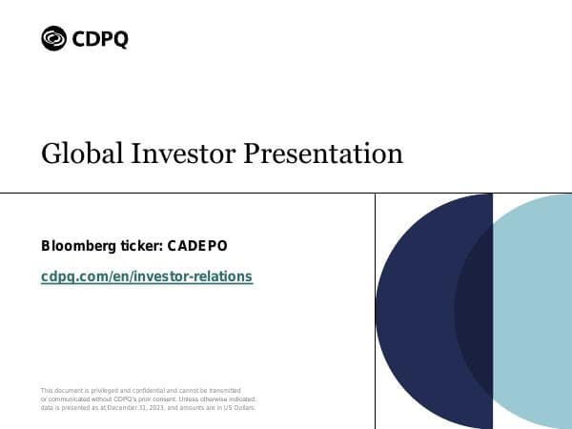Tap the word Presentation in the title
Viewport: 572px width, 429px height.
[x=323, y=153]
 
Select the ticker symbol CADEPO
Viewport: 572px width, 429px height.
[x=197, y=246]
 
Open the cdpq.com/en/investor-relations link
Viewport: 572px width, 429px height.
[x=147, y=276]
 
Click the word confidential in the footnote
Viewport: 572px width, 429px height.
[x=145, y=391]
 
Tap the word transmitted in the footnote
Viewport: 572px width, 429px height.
[x=222, y=391]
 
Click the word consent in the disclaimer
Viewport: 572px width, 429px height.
[x=140, y=399]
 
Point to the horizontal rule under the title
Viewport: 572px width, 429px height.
[x=191, y=191]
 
